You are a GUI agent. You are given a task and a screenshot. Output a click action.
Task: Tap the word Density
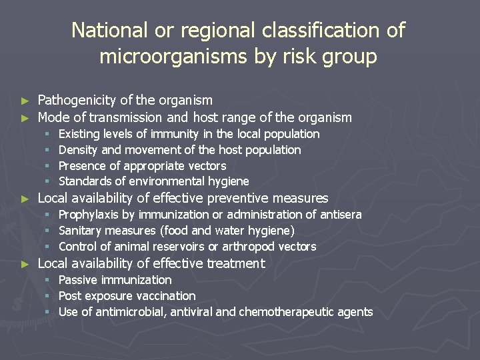[78, 150]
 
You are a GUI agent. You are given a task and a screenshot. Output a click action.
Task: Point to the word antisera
[339, 215]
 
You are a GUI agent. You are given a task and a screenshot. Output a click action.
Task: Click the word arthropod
[251, 247]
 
